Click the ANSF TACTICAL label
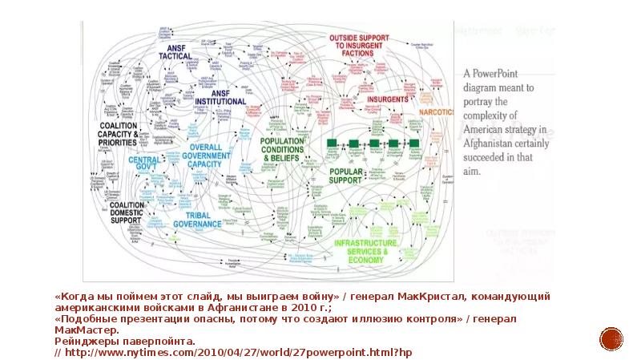[175, 51]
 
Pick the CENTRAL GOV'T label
[144, 164]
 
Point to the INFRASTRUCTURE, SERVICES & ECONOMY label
[365, 250]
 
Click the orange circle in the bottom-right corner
[612, 338]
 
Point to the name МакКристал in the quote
[416, 296]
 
